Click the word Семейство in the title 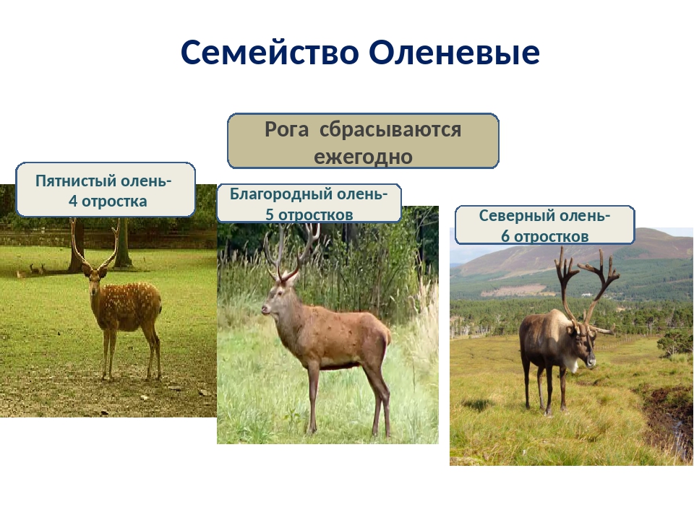click(x=270, y=52)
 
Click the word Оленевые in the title click(x=455, y=52)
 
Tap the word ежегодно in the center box click(x=364, y=157)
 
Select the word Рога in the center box click(x=286, y=129)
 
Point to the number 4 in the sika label click(x=73, y=201)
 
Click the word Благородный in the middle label click(x=281, y=194)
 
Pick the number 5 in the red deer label click(x=270, y=214)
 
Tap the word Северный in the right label click(x=514, y=216)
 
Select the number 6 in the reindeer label click(x=505, y=236)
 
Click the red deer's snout click(x=265, y=309)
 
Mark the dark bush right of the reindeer click(x=675, y=342)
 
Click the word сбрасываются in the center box click(x=390, y=129)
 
